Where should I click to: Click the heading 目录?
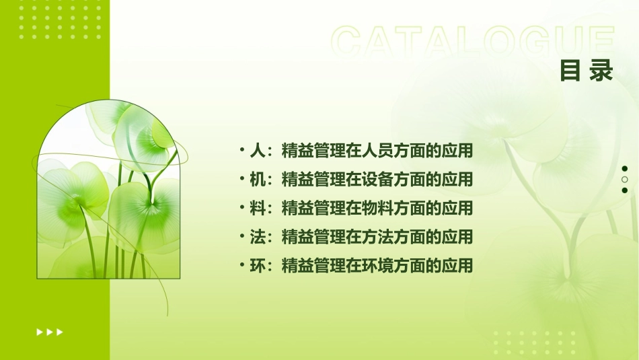[x=587, y=70]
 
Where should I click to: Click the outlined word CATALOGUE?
[x=473, y=42]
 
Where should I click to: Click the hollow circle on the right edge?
[x=625, y=180]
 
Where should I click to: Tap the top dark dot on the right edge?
[x=625, y=169]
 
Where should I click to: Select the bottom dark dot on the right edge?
[x=625, y=190]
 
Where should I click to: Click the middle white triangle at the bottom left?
[x=49, y=332]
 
